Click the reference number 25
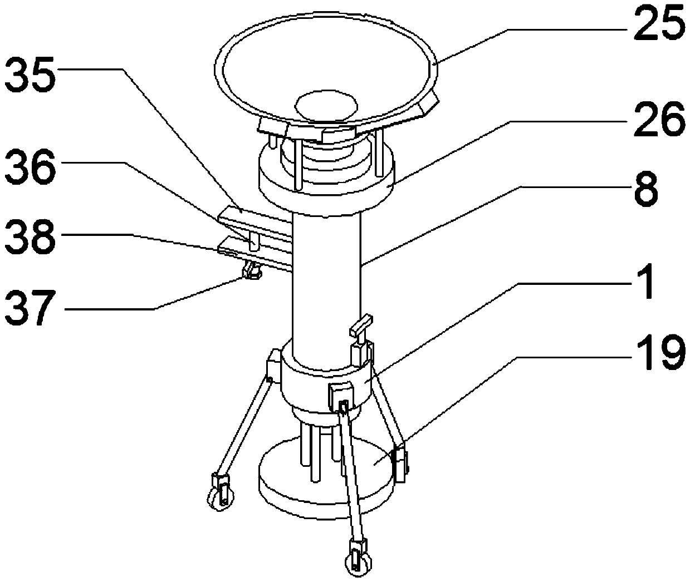(659, 29)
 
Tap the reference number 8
(646, 189)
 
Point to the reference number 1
(644, 281)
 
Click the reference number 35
(31, 75)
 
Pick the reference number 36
(31, 167)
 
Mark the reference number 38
(31, 236)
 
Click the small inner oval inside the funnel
(326, 106)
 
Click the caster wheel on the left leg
(221, 498)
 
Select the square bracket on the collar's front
(341, 397)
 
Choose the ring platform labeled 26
(327, 185)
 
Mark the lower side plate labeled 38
(255, 254)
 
